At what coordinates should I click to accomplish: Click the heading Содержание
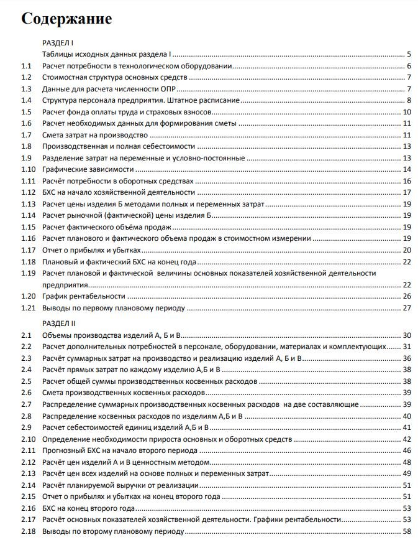coord(66,19)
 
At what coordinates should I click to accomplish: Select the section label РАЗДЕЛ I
coord(58,43)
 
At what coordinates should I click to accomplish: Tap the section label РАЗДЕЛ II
coord(58,324)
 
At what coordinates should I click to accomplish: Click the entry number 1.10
coord(28,170)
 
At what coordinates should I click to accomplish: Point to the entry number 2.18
coord(28,532)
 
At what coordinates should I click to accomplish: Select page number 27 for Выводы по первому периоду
coord(407,308)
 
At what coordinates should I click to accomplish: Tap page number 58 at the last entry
coord(407,532)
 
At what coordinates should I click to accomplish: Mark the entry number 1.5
coord(26,112)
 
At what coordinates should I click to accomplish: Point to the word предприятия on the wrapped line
coord(63,284)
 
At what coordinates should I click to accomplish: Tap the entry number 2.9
coord(26,427)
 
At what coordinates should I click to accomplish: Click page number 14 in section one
coord(407,170)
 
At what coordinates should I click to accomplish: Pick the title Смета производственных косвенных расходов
coord(122,393)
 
